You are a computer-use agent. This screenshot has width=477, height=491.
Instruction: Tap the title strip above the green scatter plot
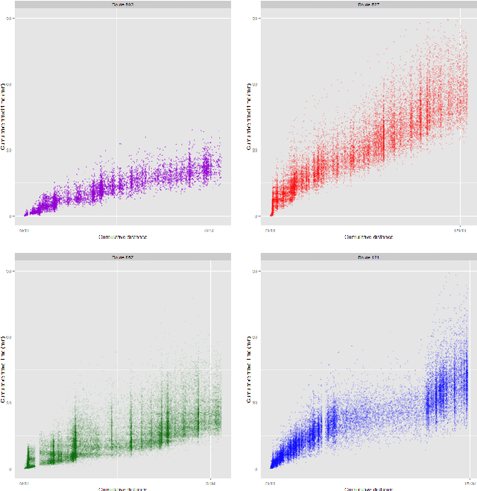point(123,257)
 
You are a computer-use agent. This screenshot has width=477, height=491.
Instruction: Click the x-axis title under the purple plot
point(123,237)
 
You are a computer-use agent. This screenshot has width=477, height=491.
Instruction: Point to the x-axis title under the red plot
point(369,237)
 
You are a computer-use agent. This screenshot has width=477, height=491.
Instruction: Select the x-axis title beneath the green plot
point(123,489)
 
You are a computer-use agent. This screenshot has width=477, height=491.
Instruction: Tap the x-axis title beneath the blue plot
point(369,489)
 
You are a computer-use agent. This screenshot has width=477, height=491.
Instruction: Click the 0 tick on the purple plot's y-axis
point(10,216)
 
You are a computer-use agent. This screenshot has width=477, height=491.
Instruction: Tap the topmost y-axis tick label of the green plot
point(9,271)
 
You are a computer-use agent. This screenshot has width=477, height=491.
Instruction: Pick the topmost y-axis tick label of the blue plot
point(256,271)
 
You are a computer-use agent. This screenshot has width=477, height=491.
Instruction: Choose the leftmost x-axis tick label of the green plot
point(25,483)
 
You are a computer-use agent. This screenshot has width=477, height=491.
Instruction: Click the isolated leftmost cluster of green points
point(30,456)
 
